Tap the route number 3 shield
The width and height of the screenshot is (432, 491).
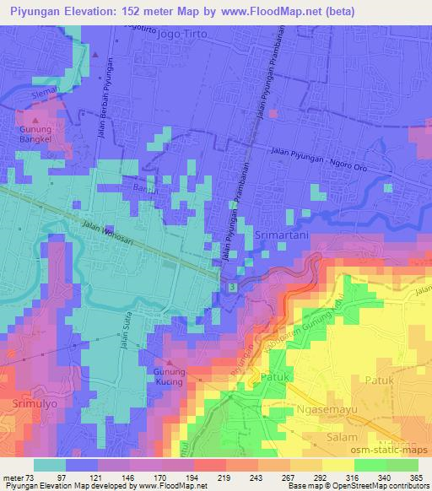click(232, 289)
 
